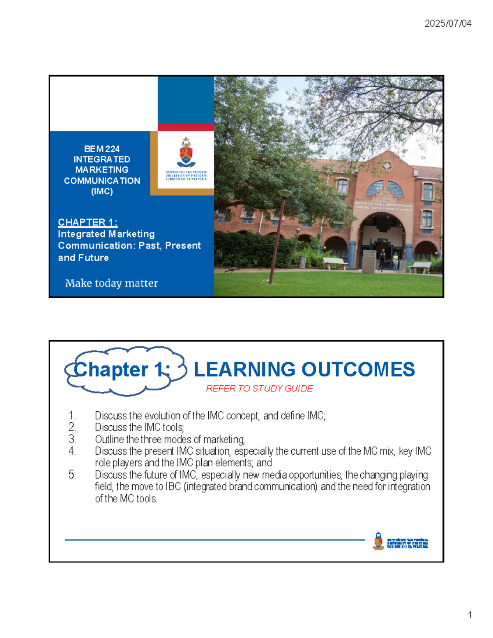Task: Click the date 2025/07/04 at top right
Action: click(448, 23)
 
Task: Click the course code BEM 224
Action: click(101, 149)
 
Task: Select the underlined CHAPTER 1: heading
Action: click(88, 222)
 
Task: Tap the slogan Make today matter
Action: click(111, 283)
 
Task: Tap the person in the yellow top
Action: click(395, 261)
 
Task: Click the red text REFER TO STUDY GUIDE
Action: click(259, 388)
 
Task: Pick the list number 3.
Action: click(72, 439)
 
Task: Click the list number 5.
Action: click(72, 475)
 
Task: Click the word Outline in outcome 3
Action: click(109, 439)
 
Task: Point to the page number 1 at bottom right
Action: click(470, 615)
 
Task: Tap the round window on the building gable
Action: click(387, 166)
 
